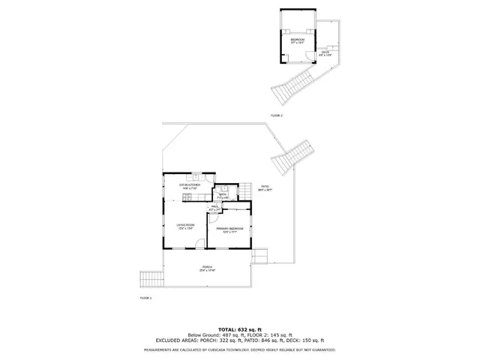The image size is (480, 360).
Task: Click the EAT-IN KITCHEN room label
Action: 189,184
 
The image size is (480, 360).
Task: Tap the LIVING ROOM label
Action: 186,227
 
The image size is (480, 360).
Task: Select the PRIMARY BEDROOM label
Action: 228,229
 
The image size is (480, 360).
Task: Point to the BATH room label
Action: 222,196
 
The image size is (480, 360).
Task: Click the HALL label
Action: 214,208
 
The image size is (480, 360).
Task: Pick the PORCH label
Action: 208,268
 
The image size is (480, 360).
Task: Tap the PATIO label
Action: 265,188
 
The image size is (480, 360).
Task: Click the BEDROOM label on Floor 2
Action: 298,40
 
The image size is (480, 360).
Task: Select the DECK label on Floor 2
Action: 325,53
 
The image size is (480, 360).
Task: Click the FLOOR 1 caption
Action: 145,298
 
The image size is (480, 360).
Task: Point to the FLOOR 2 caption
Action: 277,115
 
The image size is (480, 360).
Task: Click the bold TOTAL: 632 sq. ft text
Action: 240,328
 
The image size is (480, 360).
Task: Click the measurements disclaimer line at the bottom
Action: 240,349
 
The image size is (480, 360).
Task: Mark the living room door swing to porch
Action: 198,244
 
